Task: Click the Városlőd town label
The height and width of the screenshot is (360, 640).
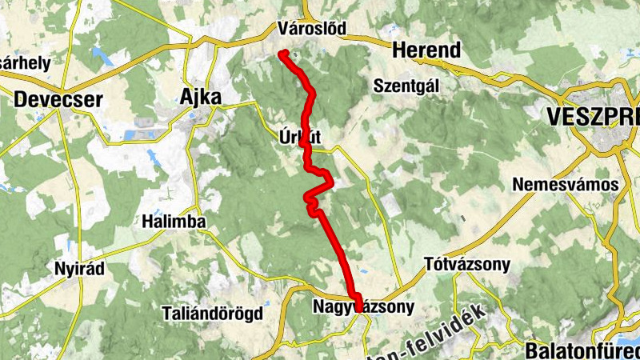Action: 312,29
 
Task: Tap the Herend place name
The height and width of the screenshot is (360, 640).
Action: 427,50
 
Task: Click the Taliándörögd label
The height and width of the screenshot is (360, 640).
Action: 212,313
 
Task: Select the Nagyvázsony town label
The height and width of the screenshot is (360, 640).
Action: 365,306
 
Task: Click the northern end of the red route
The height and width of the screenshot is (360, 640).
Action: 282,54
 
